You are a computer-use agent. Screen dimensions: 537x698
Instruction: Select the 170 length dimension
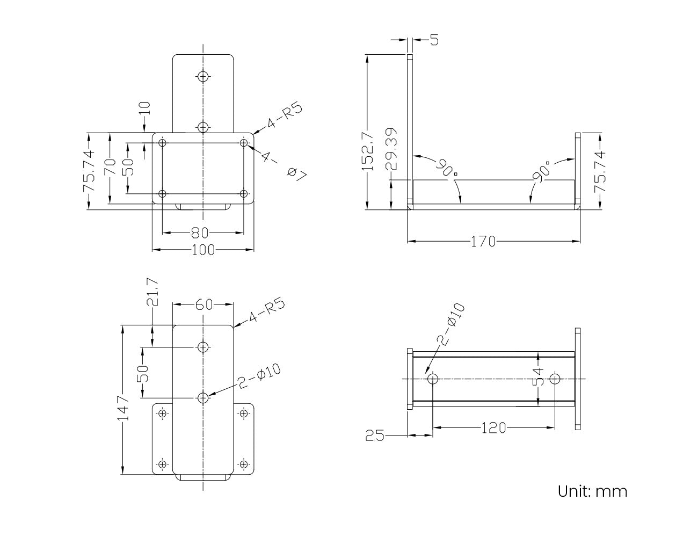click(x=483, y=242)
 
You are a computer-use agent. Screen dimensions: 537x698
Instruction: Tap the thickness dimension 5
click(x=434, y=40)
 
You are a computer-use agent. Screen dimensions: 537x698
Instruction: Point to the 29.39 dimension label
click(x=392, y=149)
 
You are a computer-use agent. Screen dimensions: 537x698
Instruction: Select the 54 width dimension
click(x=539, y=377)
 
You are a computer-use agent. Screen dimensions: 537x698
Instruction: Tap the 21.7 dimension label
click(x=152, y=292)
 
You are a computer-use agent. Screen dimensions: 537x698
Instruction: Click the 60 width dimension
click(x=203, y=305)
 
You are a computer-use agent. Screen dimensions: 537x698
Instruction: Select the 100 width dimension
click(x=203, y=250)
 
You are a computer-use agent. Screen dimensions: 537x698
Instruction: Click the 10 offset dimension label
click(x=146, y=108)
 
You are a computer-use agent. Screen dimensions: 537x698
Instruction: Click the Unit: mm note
click(x=592, y=491)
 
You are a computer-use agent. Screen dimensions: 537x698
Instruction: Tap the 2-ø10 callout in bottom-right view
click(x=450, y=324)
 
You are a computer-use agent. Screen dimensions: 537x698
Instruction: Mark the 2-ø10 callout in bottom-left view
click(x=260, y=375)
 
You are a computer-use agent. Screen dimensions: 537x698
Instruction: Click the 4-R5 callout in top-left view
click(x=285, y=116)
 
